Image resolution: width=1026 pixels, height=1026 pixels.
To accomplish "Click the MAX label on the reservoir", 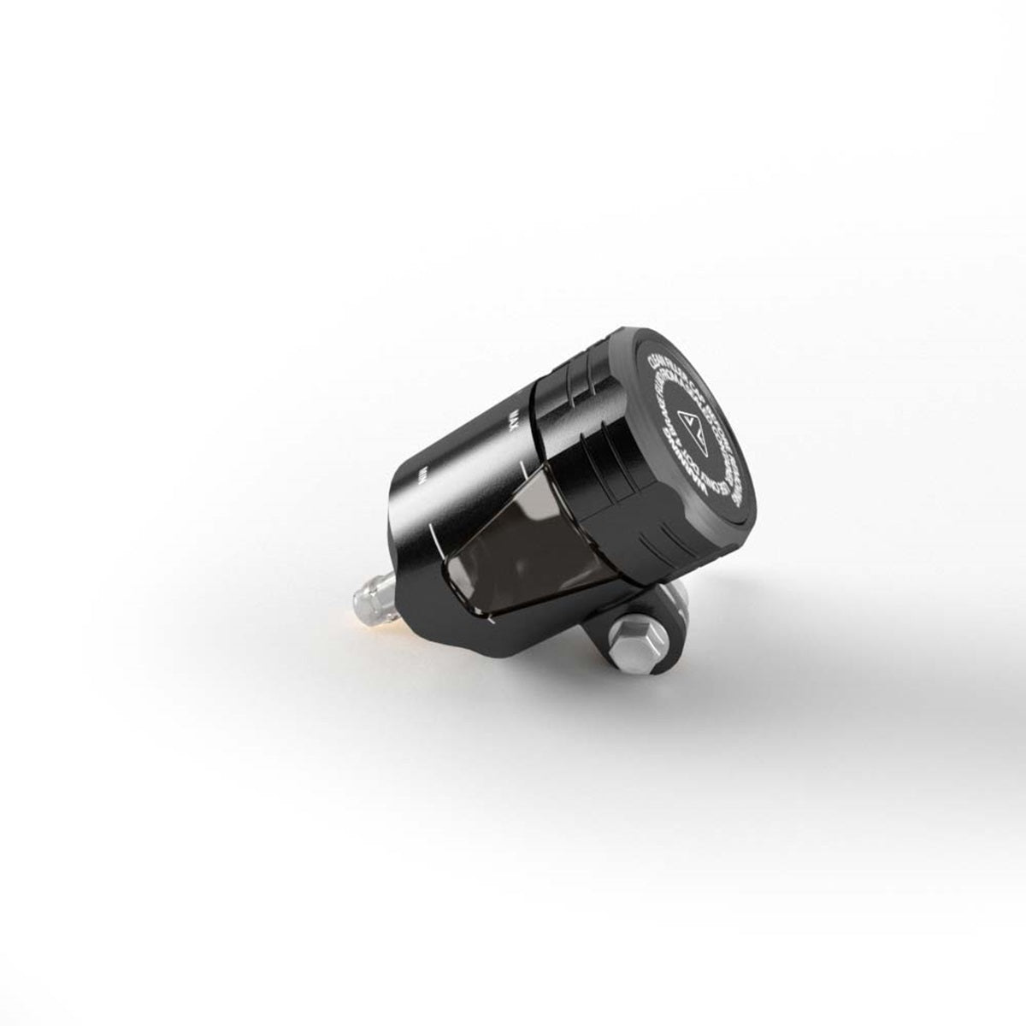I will [x=514, y=421].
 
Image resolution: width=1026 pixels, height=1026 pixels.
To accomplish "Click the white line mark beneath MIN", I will [x=435, y=539].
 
